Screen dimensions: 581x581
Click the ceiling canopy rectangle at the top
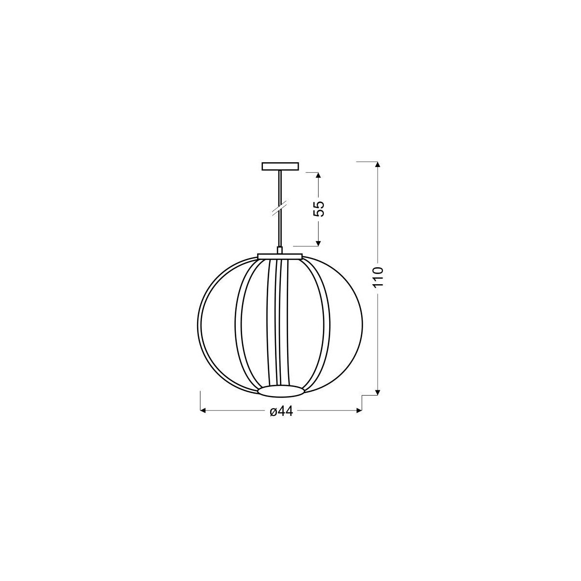pyautogui.click(x=280, y=167)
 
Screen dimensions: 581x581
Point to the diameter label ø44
pyautogui.click(x=281, y=411)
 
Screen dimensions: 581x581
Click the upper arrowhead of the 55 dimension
pyautogui.click(x=318, y=176)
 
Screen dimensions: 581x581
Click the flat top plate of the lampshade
pyautogui.click(x=280, y=256)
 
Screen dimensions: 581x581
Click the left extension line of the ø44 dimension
pyautogui.click(x=200, y=402)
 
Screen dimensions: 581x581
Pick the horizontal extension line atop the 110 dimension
pyautogui.click(x=367, y=161)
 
